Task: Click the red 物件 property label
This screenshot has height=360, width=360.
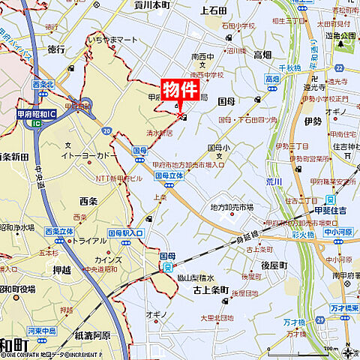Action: point(181,88)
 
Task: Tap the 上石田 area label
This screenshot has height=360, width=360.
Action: point(214,10)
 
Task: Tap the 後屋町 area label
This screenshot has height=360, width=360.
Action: point(274,265)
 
